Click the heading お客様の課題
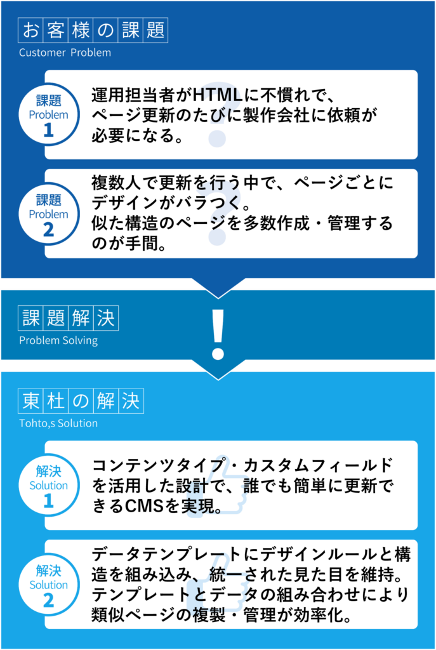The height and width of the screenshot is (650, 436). pos(93,30)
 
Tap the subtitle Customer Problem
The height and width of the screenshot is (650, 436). pos(65,53)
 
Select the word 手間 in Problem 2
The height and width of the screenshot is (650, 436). pos(138,244)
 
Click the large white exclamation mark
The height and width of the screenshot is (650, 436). pos(218,333)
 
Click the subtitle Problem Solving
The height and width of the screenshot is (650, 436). pos(58,340)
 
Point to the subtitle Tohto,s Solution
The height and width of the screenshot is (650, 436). pos(58,423)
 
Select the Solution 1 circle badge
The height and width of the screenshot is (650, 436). pos(48,486)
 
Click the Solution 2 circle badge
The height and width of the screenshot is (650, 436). pos(48,585)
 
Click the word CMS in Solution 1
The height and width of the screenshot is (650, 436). pos(132,507)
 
